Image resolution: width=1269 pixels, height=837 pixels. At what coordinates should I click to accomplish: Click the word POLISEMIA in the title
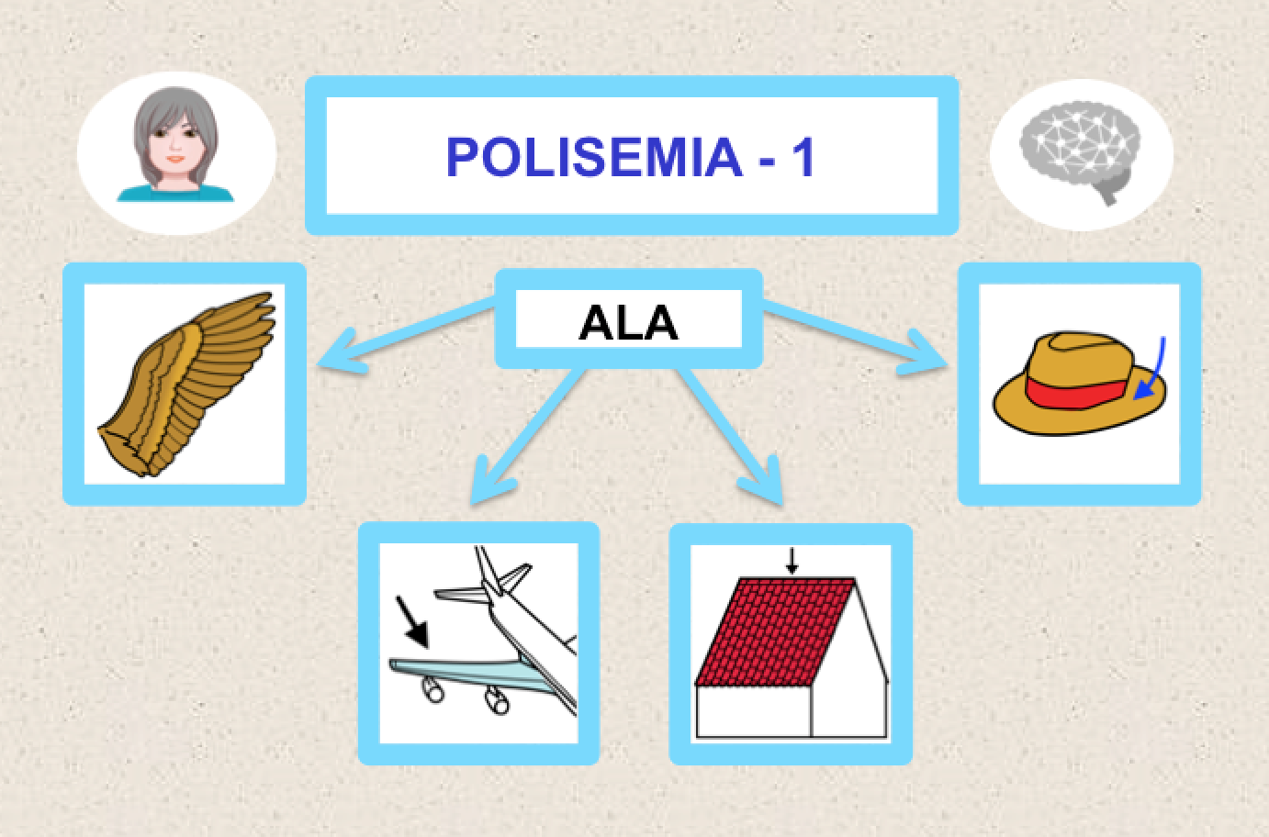(593, 157)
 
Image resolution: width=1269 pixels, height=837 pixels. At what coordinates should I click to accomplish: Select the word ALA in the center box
(628, 322)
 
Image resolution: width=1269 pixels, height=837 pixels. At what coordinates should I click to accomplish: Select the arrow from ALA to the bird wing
(404, 334)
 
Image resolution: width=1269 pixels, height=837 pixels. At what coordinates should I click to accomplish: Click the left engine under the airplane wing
(431, 688)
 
